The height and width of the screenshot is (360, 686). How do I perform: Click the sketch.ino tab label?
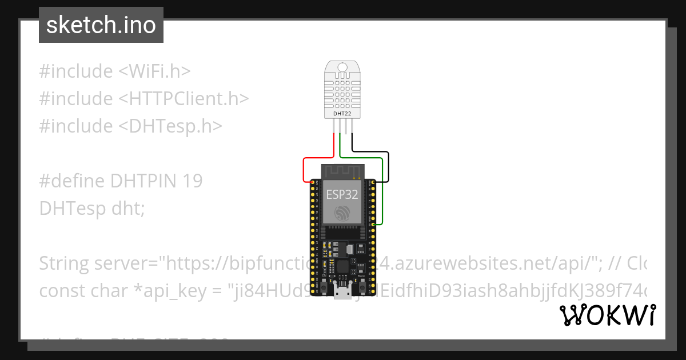coord(101,25)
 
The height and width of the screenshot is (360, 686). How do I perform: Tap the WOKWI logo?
coord(608,315)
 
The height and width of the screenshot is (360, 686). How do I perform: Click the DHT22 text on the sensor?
coord(342,114)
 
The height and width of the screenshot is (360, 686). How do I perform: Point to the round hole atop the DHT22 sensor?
coord(342,67)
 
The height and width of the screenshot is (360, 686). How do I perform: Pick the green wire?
coord(382,189)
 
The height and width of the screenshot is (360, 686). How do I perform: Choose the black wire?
coord(389,166)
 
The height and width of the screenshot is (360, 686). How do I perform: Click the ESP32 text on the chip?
coord(342,194)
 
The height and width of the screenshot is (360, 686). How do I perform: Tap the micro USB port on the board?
coord(342,293)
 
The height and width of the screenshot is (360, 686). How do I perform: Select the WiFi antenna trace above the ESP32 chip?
coord(342,171)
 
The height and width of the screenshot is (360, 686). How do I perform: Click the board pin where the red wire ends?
coord(312,182)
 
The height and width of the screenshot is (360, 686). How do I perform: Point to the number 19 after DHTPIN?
coord(193,181)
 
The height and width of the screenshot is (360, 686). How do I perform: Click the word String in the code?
coord(64,263)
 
